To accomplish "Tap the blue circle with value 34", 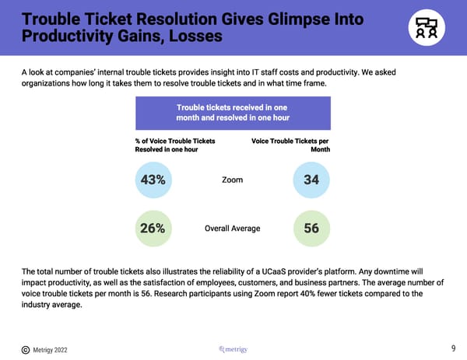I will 311,180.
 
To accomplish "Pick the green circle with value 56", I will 311,229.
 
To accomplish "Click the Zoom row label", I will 232,180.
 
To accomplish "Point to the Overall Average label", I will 232,229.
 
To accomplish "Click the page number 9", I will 453,348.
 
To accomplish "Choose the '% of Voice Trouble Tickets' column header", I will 175,145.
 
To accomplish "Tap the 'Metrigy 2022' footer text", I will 51,350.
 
